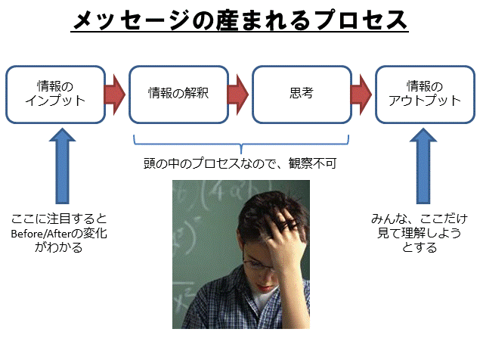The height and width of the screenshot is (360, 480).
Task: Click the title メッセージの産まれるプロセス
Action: pos(240,21)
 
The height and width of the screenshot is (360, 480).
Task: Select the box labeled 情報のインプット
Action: pos(56,94)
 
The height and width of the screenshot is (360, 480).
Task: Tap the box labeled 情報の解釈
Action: pos(178,94)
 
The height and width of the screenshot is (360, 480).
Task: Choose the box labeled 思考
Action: pos(301,94)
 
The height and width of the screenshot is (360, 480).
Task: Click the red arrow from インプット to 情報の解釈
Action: pos(116,94)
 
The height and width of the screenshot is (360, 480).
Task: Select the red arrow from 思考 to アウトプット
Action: pos(362,94)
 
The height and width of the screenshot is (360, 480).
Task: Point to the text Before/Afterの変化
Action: pos(60,234)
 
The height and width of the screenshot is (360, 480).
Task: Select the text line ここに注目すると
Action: pos(60,219)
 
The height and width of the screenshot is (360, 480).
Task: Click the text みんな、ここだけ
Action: pos(414,219)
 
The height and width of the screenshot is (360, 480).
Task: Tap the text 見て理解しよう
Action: pos(414,234)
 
